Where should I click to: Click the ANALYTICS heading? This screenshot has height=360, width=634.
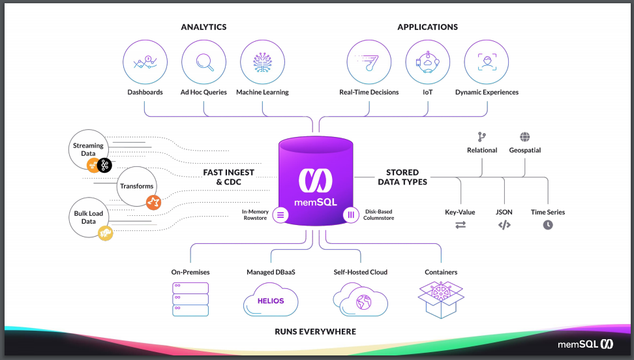(x=204, y=27)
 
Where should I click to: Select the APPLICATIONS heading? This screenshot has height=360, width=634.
(x=427, y=27)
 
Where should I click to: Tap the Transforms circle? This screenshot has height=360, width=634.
(x=137, y=186)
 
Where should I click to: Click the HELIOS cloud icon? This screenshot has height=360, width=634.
(x=270, y=300)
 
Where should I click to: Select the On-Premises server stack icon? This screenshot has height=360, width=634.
(x=190, y=299)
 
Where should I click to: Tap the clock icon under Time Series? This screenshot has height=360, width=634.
(x=548, y=225)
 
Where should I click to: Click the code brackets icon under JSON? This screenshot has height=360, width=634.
(x=504, y=225)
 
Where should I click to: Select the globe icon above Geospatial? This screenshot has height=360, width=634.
(x=525, y=137)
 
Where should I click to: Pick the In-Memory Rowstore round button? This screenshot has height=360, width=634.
(x=280, y=215)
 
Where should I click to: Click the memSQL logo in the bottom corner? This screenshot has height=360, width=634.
(x=584, y=344)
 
